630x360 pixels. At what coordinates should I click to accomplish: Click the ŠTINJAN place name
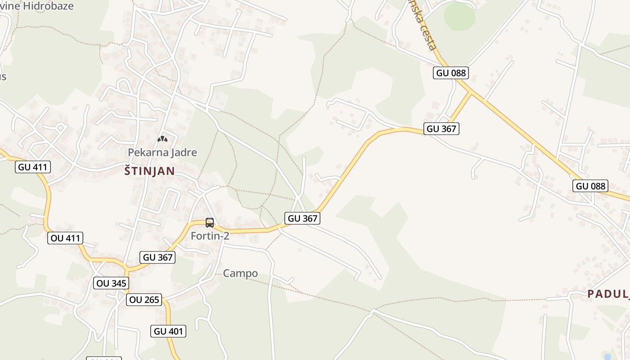click(149, 171)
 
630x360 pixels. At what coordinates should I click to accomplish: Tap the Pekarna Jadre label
click(162, 153)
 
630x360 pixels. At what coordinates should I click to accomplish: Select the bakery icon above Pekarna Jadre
click(162, 139)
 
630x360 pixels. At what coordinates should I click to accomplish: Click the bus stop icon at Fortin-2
click(210, 222)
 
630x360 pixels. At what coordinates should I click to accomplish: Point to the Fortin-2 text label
click(210, 236)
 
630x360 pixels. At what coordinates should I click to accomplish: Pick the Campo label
click(241, 274)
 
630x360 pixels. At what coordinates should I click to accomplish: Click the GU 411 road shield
click(33, 167)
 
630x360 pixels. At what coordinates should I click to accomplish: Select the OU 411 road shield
click(65, 238)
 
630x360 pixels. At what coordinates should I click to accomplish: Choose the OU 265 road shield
click(144, 300)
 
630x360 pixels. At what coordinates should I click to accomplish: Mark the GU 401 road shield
click(169, 332)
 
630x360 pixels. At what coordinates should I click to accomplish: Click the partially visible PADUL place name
click(607, 294)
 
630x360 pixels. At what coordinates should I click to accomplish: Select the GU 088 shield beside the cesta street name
click(451, 73)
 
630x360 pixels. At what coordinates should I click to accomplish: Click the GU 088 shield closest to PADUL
click(591, 186)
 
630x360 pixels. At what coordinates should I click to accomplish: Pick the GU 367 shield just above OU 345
click(158, 257)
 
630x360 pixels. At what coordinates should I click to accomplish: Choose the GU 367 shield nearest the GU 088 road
click(441, 129)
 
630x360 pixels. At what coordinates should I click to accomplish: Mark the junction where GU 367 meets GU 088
click(471, 92)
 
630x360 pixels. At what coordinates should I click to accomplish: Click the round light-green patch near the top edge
click(459, 17)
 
